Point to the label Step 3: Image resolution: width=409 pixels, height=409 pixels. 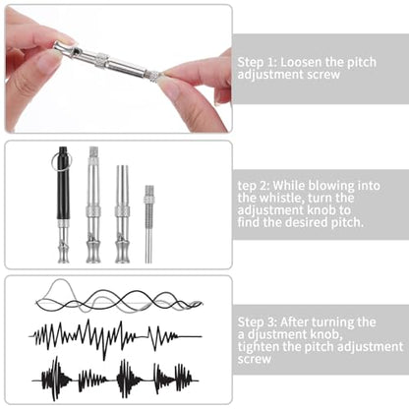pos(258,322)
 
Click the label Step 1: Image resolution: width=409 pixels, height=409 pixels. pos(258,62)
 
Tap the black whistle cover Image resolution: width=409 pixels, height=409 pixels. pos(64,183)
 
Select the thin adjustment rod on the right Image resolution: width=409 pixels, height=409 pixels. pos(148,224)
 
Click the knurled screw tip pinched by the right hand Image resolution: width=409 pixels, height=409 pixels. pos(156,76)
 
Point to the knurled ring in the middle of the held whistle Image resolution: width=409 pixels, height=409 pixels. pos(102,58)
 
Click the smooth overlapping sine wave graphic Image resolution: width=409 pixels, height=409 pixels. pos(119,296)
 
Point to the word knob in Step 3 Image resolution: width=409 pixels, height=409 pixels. pos(326,334)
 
